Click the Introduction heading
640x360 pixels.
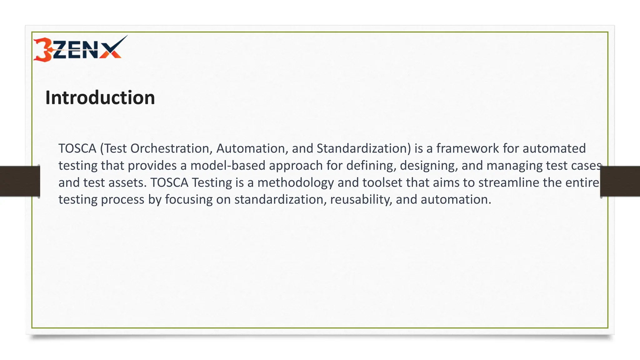[100, 97]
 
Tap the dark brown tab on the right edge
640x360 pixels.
[620, 181]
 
